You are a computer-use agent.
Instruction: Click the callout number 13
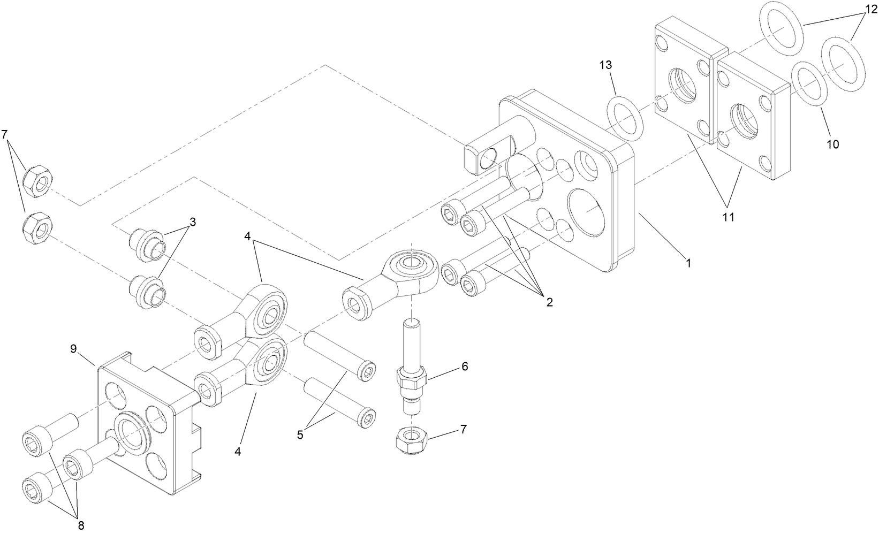pos(605,65)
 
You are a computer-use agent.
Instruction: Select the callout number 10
pos(832,144)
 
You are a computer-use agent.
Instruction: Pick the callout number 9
pos(74,349)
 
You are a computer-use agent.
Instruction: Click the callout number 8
pos(81,525)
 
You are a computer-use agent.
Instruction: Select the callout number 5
pos(300,434)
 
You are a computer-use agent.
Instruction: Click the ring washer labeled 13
pos(625,118)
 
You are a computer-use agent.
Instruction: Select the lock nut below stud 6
pos(409,442)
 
